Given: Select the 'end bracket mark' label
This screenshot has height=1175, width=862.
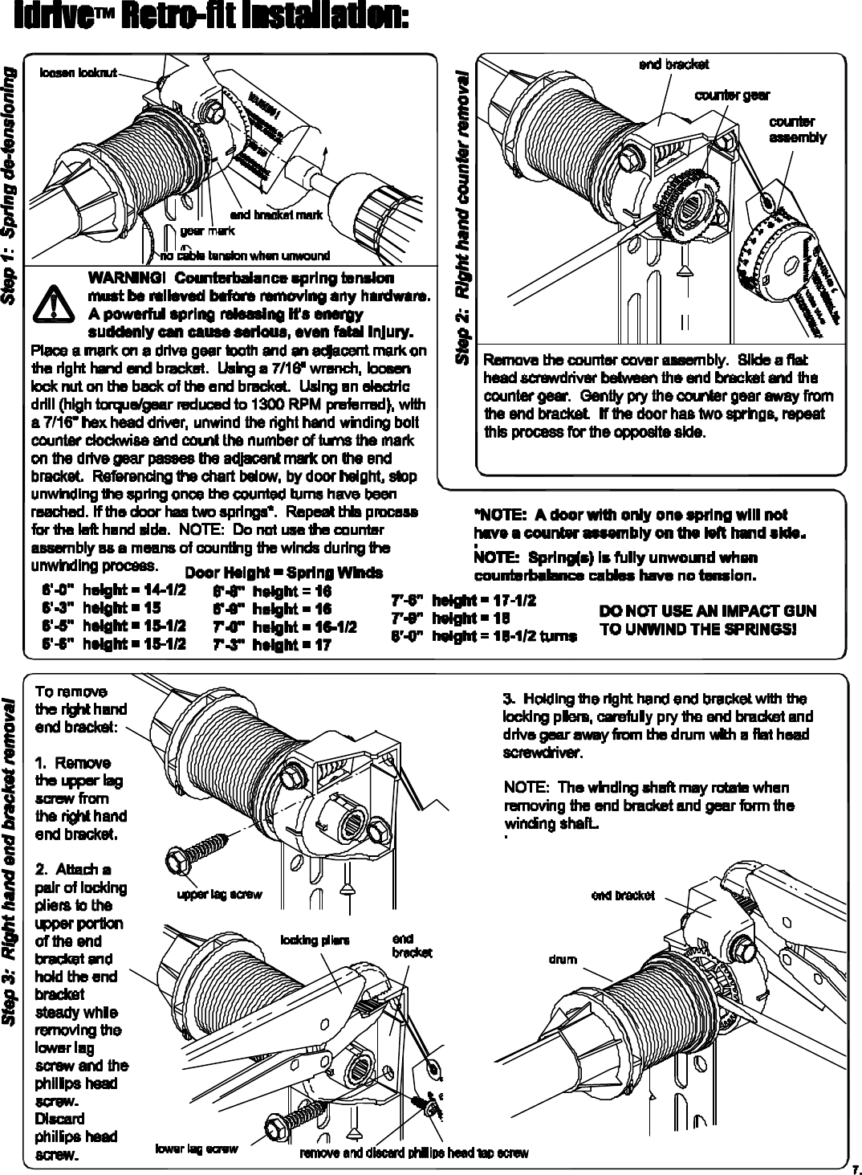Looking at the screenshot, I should (276, 215).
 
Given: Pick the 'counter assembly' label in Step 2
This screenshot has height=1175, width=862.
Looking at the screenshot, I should (797, 129).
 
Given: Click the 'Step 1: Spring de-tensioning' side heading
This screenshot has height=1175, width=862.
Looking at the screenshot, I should (10, 186).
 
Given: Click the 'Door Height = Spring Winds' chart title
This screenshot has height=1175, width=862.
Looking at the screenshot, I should (284, 573).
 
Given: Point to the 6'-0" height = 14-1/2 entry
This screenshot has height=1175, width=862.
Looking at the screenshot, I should (114, 591).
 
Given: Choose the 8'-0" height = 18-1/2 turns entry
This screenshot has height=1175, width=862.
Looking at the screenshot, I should (483, 636).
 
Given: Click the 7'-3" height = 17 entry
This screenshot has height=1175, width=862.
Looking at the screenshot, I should (272, 645).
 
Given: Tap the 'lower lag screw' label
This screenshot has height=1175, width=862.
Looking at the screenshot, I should (196, 1149).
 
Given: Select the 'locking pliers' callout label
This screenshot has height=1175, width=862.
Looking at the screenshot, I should (315, 940).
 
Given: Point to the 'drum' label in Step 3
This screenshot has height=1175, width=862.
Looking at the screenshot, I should (563, 959).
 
